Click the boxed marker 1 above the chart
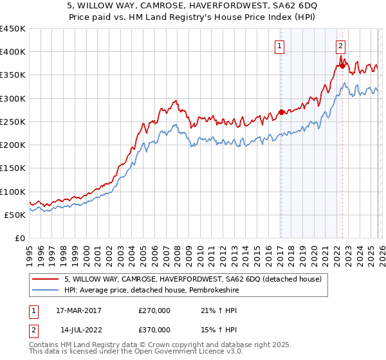[x=280, y=46]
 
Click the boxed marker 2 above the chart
[x=340, y=46]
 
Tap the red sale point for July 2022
[x=343, y=63]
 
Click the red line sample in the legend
[x=46, y=278]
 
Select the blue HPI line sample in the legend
[x=46, y=290]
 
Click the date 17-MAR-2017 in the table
[x=77, y=310]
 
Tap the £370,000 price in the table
[x=154, y=329]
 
